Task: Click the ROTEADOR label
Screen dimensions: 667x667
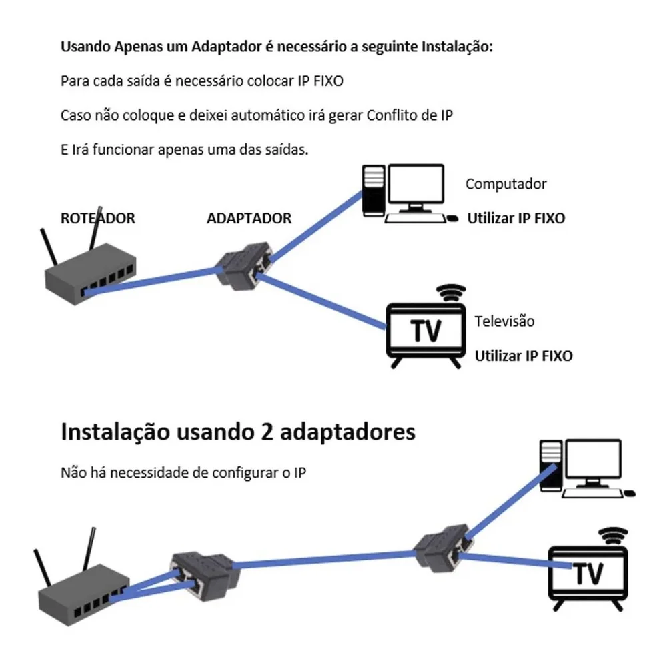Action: click(97, 218)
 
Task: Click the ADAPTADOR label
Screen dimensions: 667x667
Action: click(249, 218)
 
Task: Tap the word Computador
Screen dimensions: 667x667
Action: click(506, 184)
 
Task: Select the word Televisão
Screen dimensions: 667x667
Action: click(504, 321)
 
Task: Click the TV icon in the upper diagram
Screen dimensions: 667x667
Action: click(426, 331)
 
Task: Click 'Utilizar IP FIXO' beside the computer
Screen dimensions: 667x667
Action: click(516, 218)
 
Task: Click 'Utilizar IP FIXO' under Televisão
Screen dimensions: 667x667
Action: click(523, 356)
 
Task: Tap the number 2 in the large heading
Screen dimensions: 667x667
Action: click(262, 432)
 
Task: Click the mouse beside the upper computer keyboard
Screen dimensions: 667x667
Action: click(452, 217)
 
